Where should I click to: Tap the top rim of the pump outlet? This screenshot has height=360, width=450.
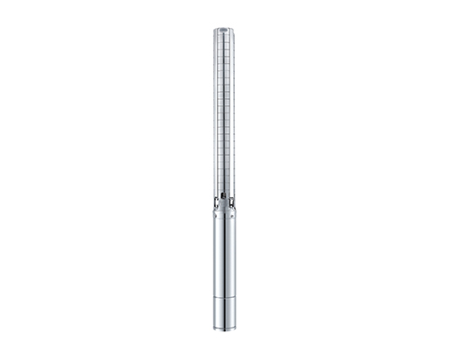click(224, 29)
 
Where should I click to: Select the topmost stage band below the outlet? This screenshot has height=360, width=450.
click(225, 45)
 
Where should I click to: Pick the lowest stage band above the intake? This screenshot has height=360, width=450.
click(225, 184)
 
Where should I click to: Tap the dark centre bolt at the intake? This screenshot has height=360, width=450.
click(225, 199)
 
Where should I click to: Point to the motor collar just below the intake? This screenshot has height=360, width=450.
click(225, 212)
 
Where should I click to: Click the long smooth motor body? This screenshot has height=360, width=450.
click(225, 261)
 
